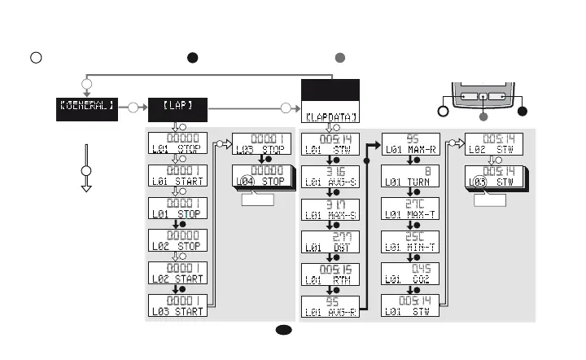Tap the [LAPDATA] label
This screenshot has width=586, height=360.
[x=330, y=117]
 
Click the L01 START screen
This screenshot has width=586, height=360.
[x=179, y=175]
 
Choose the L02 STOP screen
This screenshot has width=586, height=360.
[x=179, y=240]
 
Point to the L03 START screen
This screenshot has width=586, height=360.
[x=179, y=305]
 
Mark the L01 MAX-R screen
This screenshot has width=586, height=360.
[x=411, y=143]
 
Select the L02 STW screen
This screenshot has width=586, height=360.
[x=493, y=143]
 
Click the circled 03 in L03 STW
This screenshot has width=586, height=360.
[x=480, y=182]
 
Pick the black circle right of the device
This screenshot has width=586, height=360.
[x=523, y=111]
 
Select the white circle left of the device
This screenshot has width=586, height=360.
[x=443, y=111]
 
